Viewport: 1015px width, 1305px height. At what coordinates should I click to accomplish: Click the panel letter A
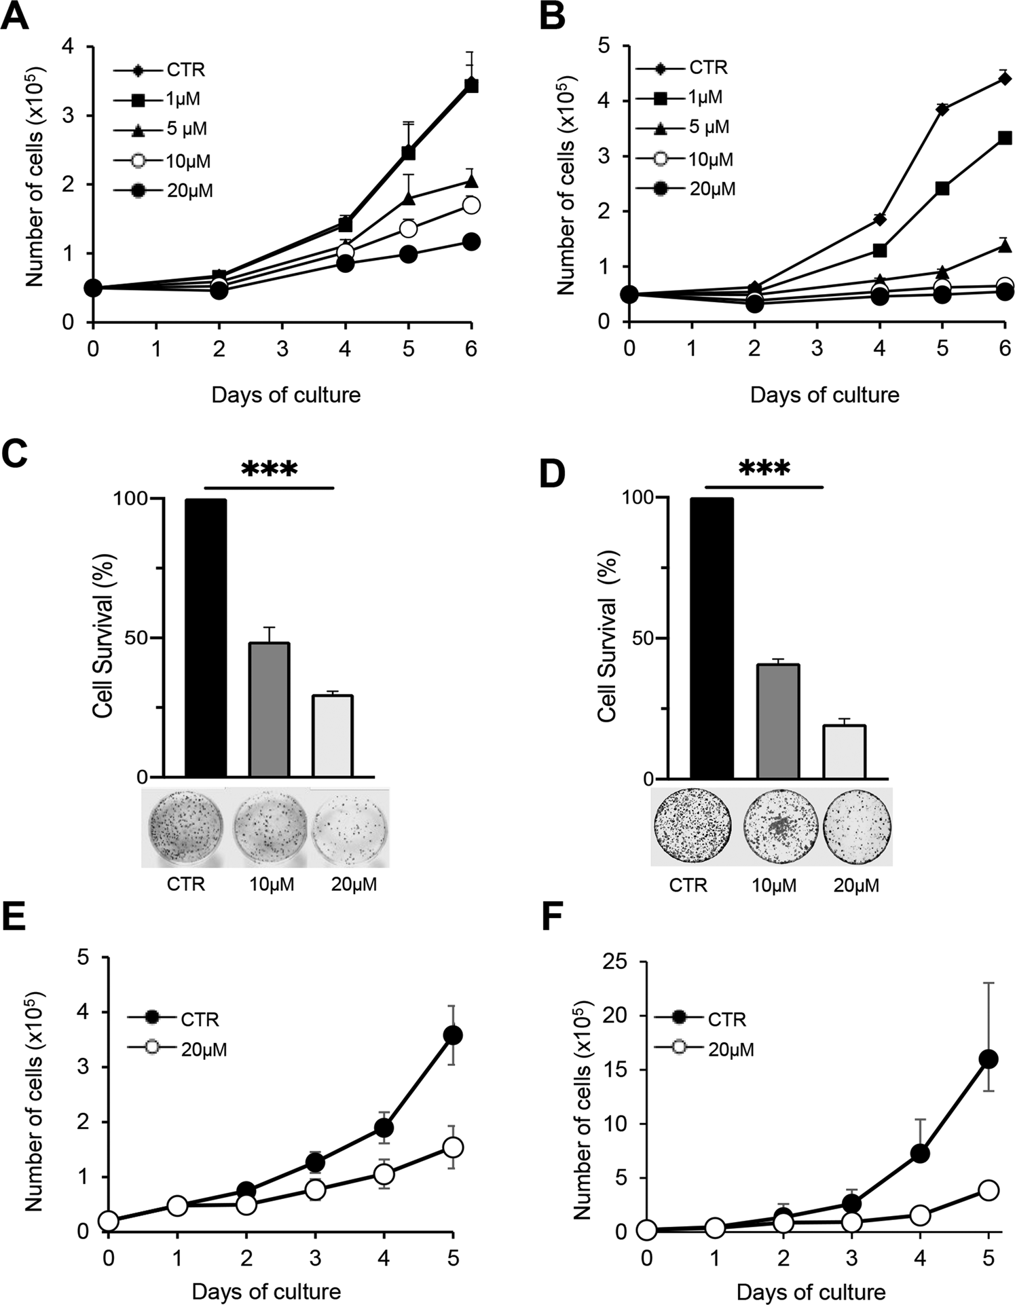[15, 17]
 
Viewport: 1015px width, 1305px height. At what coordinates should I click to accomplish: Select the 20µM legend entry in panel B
[712, 189]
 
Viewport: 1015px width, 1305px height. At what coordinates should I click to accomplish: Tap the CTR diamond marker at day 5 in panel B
[942, 109]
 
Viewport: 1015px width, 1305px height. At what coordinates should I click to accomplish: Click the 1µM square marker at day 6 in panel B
[1005, 138]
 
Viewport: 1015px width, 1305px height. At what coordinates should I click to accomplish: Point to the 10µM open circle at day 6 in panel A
[470, 205]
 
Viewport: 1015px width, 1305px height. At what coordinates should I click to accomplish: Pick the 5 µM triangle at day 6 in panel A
[470, 181]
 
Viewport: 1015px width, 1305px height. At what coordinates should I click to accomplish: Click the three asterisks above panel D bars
[764, 469]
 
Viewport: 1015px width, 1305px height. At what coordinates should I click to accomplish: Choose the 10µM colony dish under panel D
[775, 826]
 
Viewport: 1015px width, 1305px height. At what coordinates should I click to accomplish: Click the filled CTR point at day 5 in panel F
[989, 1059]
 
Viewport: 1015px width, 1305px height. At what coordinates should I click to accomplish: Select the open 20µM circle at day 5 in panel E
[453, 1147]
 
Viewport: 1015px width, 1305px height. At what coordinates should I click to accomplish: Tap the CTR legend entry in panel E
[199, 1019]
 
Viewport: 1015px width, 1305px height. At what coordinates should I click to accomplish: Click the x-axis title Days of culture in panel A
[286, 394]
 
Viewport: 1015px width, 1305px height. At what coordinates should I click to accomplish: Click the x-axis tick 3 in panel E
[315, 1257]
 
